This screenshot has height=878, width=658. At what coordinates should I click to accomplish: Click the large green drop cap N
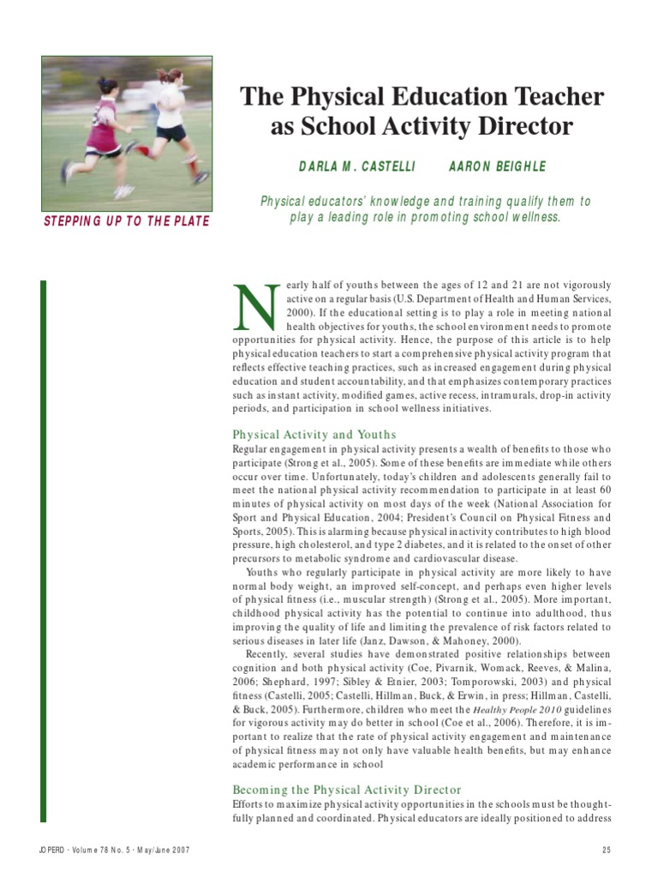254,308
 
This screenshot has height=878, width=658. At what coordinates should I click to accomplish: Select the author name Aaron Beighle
497,165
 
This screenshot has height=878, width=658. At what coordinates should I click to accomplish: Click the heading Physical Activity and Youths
314,435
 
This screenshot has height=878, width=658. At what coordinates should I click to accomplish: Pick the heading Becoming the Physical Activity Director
347,789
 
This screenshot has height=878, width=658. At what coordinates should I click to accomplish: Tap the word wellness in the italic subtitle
529,218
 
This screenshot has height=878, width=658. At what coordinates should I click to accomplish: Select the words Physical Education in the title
389,96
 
